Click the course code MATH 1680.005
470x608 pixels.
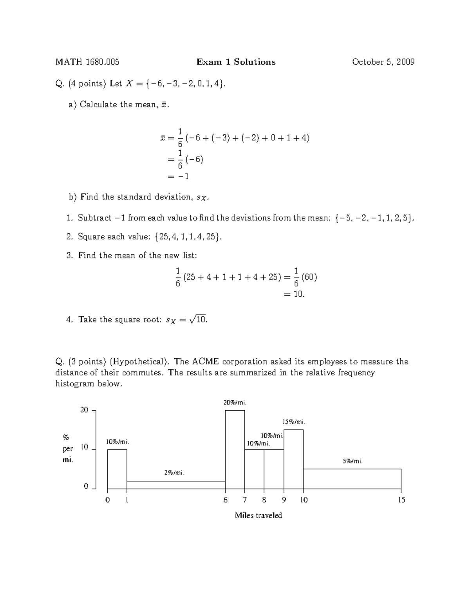point(87,62)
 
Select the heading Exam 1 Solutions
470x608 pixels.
point(236,62)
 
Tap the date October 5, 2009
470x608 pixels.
point(383,62)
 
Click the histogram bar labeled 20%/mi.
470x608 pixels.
point(235,449)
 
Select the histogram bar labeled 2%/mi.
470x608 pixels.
point(176,485)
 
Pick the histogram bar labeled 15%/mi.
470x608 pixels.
point(293,459)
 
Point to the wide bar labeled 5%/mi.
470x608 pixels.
point(352,478)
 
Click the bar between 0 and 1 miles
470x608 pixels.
point(117,469)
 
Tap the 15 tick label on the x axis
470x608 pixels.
point(401,500)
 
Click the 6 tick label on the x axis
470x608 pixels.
point(225,500)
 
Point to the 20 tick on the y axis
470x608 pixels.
point(84,410)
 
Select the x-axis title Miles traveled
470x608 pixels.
point(258,515)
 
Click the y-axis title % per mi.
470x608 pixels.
point(68,448)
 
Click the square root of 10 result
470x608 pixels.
point(198,319)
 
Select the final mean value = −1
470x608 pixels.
point(178,176)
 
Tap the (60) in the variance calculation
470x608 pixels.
point(309,277)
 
